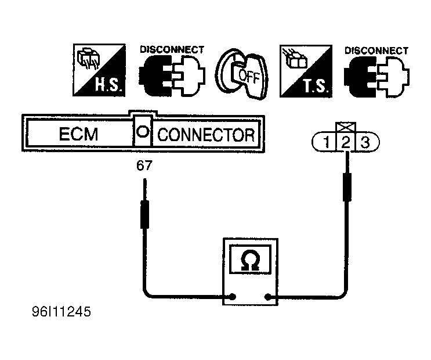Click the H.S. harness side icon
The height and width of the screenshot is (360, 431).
click(99, 70)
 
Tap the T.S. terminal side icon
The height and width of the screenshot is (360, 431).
click(306, 71)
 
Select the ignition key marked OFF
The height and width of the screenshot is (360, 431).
click(242, 74)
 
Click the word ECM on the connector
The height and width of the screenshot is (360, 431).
click(79, 134)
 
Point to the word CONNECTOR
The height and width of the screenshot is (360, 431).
click(206, 135)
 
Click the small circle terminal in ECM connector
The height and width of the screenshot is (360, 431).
click(143, 132)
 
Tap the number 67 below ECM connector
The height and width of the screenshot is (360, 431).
click(144, 165)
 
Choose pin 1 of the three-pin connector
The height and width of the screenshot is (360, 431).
click(326, 142)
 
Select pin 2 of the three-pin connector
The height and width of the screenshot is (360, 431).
click(346, 143)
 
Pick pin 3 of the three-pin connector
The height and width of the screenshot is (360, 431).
click(365, 142)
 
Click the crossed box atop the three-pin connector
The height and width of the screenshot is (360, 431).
click(346, 127)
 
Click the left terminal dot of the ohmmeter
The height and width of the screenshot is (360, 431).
click(233, 297)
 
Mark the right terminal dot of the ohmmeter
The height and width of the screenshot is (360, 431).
click(268, 297)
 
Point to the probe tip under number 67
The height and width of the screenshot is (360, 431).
click(145, 179)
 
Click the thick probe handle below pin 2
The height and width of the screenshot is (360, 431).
click(347, 187)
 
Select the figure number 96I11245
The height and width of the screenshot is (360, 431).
click(61, 312)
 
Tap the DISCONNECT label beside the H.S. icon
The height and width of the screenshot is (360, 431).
click(172, 49)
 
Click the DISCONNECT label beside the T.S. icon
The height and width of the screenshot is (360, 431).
click(376, 51)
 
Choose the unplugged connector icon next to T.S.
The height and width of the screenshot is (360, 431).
click(377, 77)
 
